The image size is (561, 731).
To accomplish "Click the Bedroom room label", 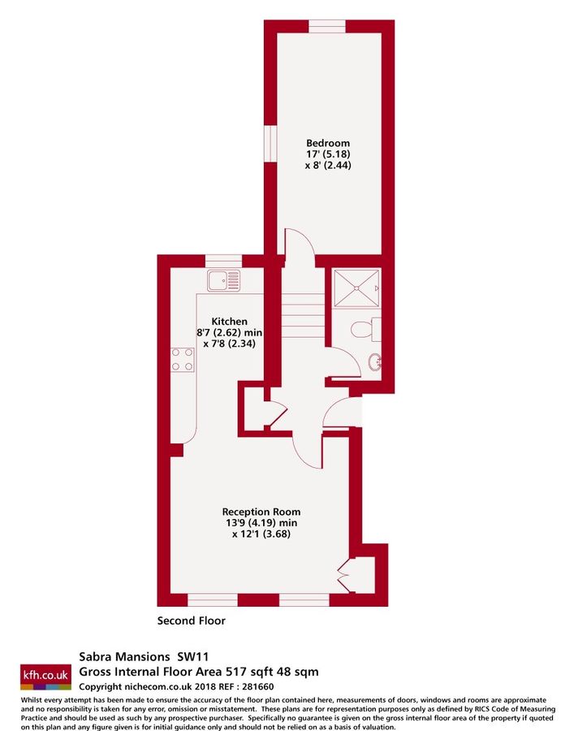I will tap(328, 140).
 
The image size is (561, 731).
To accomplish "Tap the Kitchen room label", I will tap(230, 321).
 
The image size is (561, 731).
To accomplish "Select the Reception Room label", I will tap(261, 512).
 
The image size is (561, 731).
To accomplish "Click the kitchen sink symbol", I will tap(223, 281).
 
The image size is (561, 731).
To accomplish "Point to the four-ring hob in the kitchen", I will tap(183, 358).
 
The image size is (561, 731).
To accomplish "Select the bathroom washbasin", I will tap(375, 362).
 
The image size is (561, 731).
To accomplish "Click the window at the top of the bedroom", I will tap(328, 26).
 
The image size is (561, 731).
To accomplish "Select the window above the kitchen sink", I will tap(222, 260).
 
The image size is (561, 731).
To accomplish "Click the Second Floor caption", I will tap(191, 621).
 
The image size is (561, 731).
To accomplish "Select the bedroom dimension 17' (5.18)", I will tap(328, 153).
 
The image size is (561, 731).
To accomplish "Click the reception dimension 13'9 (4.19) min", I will tap(261, 523).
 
